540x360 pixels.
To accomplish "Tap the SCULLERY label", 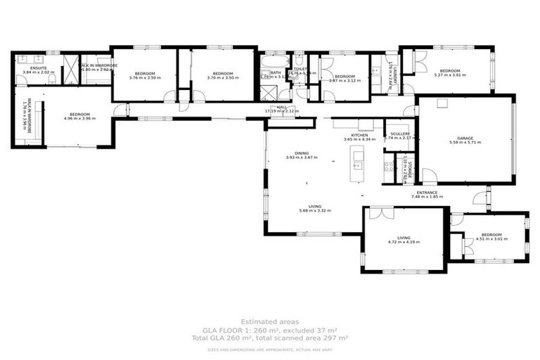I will point(397,134).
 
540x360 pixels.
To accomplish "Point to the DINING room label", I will point(302,153).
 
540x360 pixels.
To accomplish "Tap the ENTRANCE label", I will point(427,193).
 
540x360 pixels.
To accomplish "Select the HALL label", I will point(281,107).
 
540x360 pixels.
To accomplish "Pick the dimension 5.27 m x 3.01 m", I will point(450,75).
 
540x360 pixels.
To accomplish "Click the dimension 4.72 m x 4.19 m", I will point(404,242).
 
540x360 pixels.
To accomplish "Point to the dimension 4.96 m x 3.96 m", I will point(79,118).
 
